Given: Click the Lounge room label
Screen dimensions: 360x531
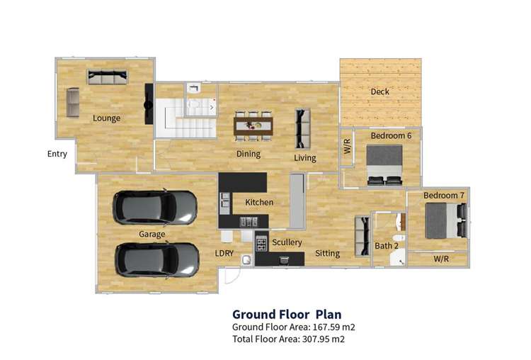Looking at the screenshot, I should pyautogui.click(x=106, y=118).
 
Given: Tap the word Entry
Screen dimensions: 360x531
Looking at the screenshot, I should pyautogui.click(x=57, y=154).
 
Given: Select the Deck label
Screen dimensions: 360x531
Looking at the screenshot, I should pyautogui.click(x=379, y=91).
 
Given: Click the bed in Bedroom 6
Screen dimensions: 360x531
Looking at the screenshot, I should pyautogui.click(x=384, y=164).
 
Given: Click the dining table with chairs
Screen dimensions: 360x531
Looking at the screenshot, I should pyautogui.click(x=253, y=126).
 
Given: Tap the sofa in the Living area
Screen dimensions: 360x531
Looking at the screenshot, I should pyautogui.click(x=302, y=127).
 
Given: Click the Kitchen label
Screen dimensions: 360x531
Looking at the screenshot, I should pyautogui.click(x=258, y=203).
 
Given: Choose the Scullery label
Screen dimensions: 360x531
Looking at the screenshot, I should pyautogui.click(x=287, y=242).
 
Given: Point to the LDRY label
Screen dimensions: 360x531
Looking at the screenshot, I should pyautogui.click(x=225, y=253).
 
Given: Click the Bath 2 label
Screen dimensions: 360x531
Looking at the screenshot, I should pyautogui.click(x=386, y=246).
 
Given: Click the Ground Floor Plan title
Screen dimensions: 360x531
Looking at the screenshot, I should pyautogui.click(x=287, y=314).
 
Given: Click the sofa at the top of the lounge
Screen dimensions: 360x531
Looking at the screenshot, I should pyautogui.click(x=107, y=77).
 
